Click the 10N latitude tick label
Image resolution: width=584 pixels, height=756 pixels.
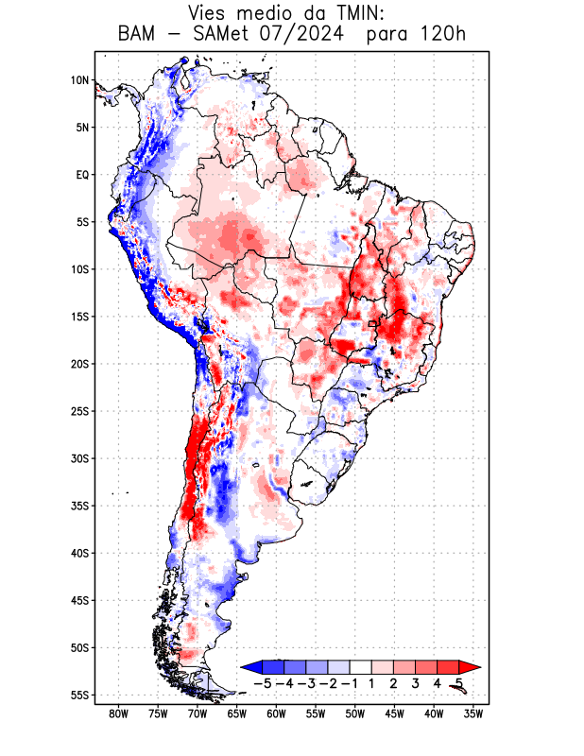coord(79,80)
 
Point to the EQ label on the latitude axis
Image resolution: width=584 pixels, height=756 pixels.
coord(81,175)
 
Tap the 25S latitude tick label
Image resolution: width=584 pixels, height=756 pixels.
coord(79,411)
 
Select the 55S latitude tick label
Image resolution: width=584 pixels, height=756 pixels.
coord(79,696)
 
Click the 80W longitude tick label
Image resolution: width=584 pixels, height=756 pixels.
coord(119,713)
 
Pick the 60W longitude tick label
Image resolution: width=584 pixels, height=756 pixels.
coord(276,713)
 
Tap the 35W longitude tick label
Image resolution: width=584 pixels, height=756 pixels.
coord(473,713)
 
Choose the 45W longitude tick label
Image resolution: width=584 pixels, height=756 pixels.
coord(394,713)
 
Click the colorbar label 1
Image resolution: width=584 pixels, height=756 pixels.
coord(373,682)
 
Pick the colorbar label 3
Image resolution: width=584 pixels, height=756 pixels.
coord(416,682)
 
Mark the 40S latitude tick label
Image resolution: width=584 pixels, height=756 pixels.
coord(79,553)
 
